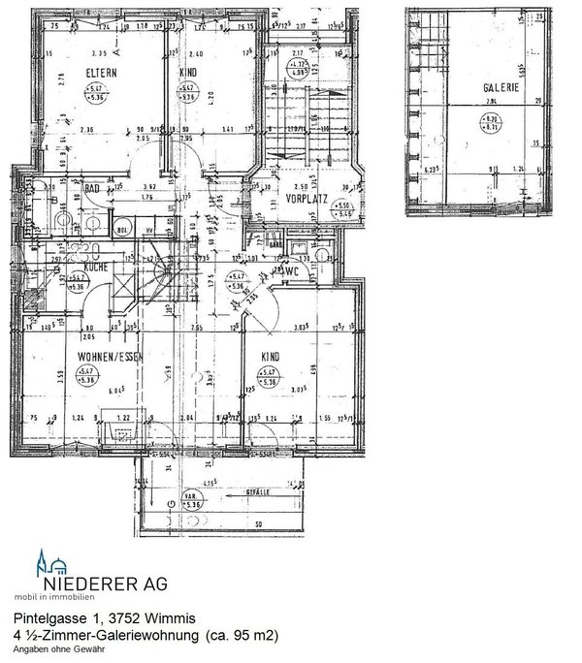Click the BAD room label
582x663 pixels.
point(93,189)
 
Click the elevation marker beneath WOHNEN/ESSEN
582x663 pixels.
point(87,376)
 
